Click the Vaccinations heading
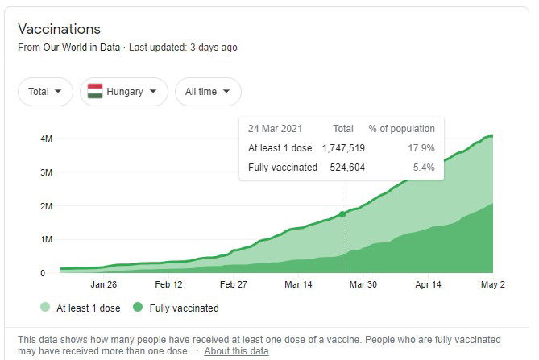pos(60,28)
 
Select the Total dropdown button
pos(45,92)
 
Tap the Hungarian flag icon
pos(95,92)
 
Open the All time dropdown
pos(207,92)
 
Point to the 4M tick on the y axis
pos(47,139)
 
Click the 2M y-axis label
pos(47,206)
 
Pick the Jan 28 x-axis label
pos(103,284)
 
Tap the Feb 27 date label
pos(233,284)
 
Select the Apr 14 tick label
pos(428,284)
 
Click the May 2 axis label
pos(492,284)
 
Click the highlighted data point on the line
pos(342,214)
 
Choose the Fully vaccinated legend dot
pos(138,308)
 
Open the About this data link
pos(236,351)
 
